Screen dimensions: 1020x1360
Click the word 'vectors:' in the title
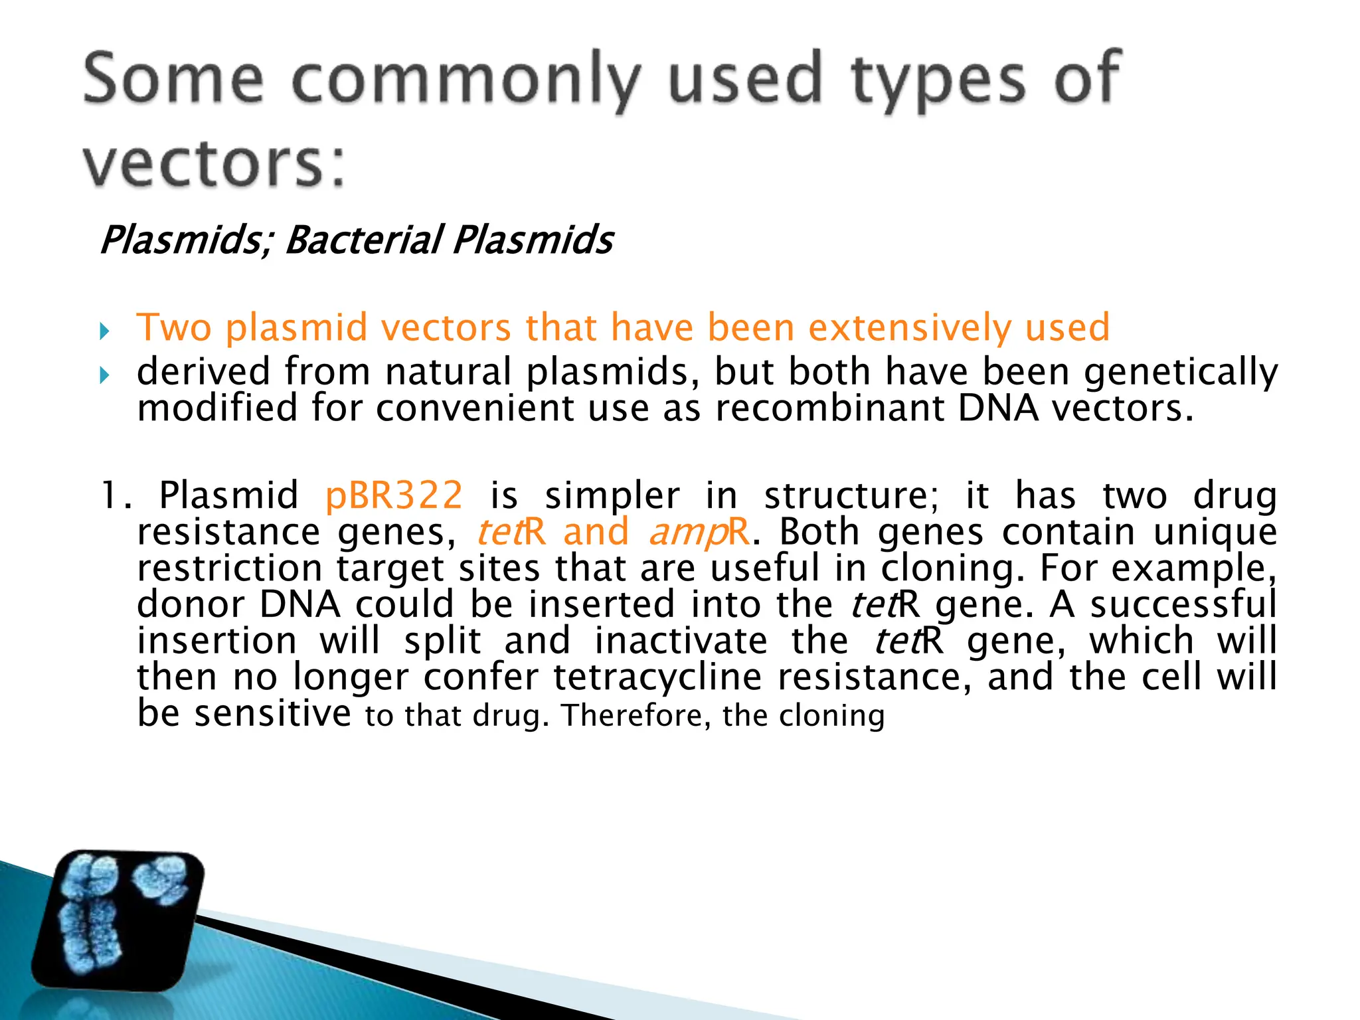pos(214,163)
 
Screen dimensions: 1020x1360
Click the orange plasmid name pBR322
pos(394,495)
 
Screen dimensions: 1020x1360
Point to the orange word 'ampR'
pos(699,532)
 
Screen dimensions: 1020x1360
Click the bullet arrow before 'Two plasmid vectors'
pos(104,331)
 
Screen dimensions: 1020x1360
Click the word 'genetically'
pos(1181,372)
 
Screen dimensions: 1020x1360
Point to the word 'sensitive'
pos(272,713)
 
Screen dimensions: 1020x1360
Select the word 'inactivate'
pos(681,641)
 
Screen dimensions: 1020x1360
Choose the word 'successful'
pos(1183,604)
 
